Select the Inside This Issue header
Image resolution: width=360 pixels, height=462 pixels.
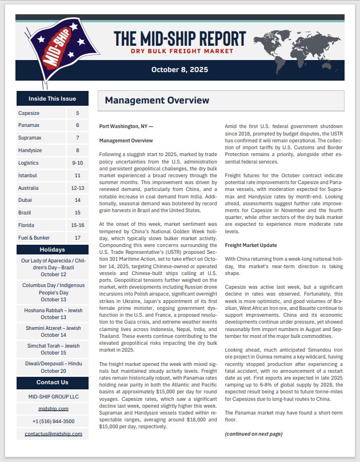point(53,98)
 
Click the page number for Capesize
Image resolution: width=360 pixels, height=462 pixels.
point(77,113)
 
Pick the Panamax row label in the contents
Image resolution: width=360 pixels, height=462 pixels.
point(29,125)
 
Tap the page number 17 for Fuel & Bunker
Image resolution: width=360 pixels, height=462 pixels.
point(77,238)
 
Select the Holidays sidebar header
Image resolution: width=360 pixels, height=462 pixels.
point(53,250)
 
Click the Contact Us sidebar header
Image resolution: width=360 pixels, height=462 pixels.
point(53,382)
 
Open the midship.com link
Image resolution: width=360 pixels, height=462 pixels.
point(53,409)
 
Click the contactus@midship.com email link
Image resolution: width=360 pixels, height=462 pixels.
point(53,434)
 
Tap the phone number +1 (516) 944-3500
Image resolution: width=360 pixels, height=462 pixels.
point(53,421)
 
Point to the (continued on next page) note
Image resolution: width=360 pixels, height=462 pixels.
point(253,434)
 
